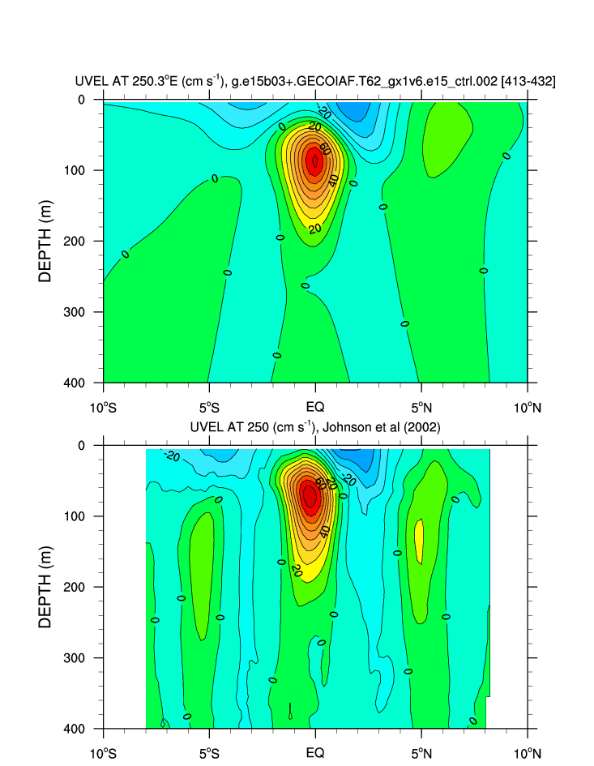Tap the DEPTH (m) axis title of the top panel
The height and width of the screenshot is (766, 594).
point(45,242)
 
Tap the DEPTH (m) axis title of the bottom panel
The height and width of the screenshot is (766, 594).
point(45,587)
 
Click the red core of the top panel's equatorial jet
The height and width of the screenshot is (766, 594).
point(314,161)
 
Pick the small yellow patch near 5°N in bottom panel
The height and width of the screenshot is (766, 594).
point(419,541)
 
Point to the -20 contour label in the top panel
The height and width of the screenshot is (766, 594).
point(324,111)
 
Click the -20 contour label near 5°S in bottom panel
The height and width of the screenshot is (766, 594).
point(171,456)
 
